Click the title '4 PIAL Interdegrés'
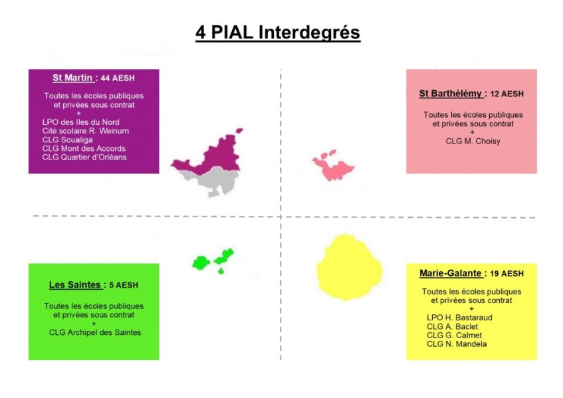click(278, 33)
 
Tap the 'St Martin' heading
click(72, 78)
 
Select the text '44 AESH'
click(118, 78)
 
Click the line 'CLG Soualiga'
click(68, 140)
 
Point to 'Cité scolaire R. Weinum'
click(86, 131)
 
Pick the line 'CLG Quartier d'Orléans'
click(84, 157)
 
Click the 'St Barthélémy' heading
click(450, 94)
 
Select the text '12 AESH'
click(507, 94)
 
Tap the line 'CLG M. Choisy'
click(473, 141)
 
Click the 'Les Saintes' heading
click(74, 284)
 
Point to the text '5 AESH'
click(124, 285)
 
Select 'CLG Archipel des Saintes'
click(95, 332)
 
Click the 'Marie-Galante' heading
click(450, 273)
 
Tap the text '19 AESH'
click(507, 274)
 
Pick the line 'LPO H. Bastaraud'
click(459, 318)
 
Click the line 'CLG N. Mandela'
click(457, 344)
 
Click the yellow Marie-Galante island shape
click(349, 267)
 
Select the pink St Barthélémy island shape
click(333, 166)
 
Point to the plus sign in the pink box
click(472, 132)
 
